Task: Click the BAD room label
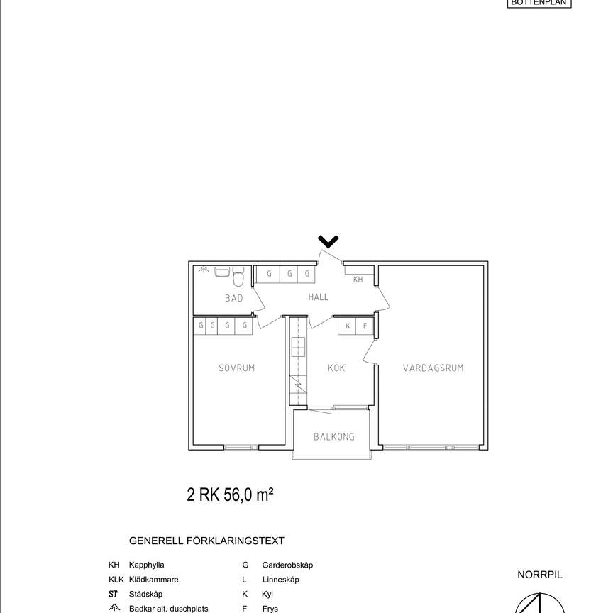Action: tap(234, 298)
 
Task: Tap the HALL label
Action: tap(319, 297)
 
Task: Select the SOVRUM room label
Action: tap(236, 368)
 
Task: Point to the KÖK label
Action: tap(336, 368)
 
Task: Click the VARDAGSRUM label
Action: tap(433, 368)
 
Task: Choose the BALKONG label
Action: tap(334, 437)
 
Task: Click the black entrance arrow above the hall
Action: tap(328, 242)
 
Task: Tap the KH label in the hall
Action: tap(358, 280)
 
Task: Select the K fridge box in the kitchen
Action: tap(348, 326)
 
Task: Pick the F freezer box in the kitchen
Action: tap(365, 326)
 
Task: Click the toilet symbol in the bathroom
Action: tap(238, 273)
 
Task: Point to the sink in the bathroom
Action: tap(221, 272)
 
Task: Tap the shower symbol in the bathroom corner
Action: tap(203, 270)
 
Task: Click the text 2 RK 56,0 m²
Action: tap(230, 495)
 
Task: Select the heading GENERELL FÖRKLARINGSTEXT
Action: tap(206, 541)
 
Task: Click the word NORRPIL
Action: tap(539, 575)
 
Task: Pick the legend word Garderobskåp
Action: tap(287, 565)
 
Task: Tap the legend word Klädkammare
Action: tap(153, 580)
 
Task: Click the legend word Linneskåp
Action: tap(280, 580)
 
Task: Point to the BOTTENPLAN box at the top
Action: tap(540, 3)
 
